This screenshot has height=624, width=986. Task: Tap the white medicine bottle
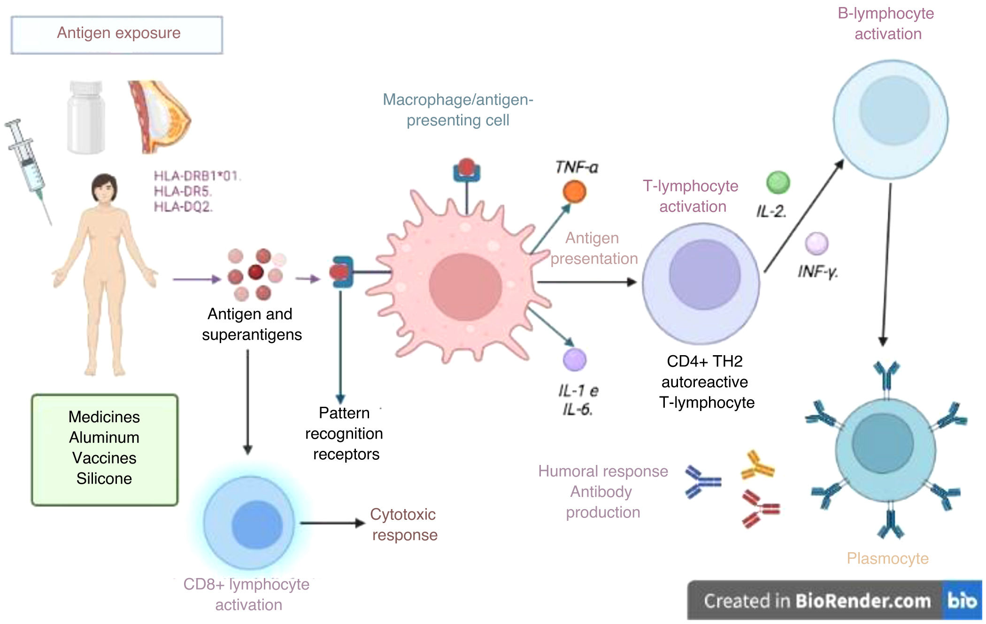(86, 117)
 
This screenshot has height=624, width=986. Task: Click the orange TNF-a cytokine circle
(574, 191)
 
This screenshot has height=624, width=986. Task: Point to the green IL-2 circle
(778, 183)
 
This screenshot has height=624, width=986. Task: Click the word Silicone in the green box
(104, 479)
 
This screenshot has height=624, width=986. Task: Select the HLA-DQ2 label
(183, 206)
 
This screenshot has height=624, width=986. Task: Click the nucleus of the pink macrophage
(465, 287)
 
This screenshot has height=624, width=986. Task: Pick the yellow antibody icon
(757, 465)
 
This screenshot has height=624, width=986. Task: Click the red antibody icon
(760, 509)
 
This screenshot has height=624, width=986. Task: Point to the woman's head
(104, 188)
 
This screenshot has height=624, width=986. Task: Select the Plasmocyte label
(887, 558)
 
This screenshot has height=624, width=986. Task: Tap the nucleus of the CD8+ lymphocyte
(257, 524)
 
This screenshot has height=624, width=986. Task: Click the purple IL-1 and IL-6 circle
(574, 360)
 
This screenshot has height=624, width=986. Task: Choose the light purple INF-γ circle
(817, 243)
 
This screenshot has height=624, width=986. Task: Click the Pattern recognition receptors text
(344, 434)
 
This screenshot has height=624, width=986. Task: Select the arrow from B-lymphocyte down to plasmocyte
(886, 263)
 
